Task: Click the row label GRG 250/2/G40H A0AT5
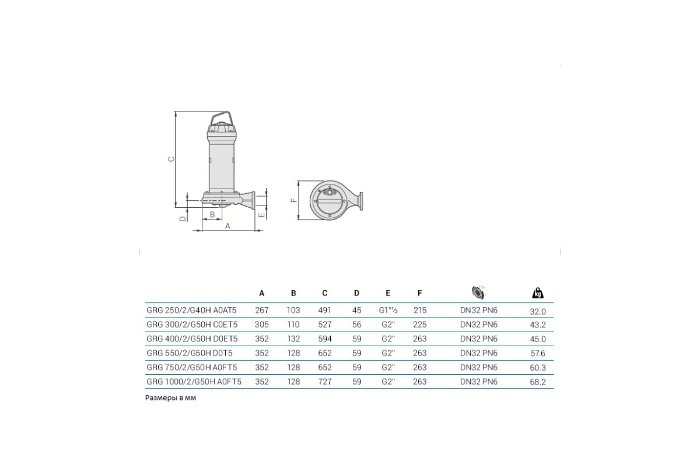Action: click(x=191, y=310)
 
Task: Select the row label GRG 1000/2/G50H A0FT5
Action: click(x=194, y=382)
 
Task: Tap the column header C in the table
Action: click(x=325, y=293)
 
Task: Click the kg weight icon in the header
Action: click(x=537, y=293)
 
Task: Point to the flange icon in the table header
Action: click(x=478, y=292)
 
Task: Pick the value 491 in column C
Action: click(x=325, y=310)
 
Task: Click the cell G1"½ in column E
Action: click(x=388, y=310)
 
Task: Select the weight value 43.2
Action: click(x=537, y=325)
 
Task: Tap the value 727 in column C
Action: click(x=325, y=382)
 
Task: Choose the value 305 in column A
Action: click(x=261, y=325)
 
